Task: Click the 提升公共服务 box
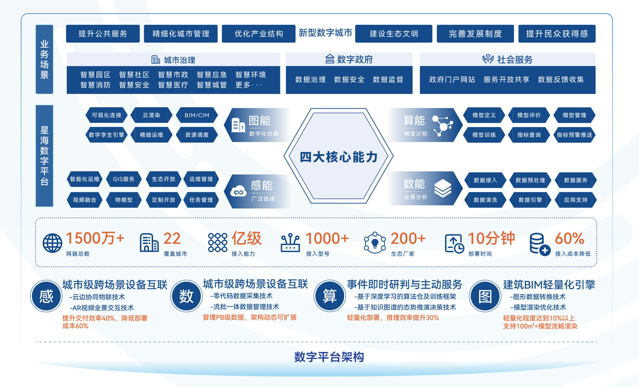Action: pos(103,34)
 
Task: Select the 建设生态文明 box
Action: pos(394,34)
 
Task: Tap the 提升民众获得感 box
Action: pos(557,34)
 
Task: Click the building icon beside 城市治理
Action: pos(156,60)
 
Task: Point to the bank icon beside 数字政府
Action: pos(330,59)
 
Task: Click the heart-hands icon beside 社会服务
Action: pos(488,59)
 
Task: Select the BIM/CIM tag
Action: pos(197,115)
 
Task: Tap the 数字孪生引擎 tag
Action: pos(106,135)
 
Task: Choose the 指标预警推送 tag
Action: pos(574,135)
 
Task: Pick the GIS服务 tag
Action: pos(124,179)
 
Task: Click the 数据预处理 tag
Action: pos(530,180)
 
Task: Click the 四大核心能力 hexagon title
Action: pos(338,157)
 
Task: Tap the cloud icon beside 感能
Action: pos(238,192)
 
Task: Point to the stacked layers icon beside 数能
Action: pos(443,188)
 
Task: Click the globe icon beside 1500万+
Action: pos(52,243)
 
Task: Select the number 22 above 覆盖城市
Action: pos(172,238)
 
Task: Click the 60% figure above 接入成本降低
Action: pos(569,238)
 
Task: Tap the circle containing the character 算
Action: pos(330,296)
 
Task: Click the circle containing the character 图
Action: pos(485,296)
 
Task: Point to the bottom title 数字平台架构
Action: pos(329,357)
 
